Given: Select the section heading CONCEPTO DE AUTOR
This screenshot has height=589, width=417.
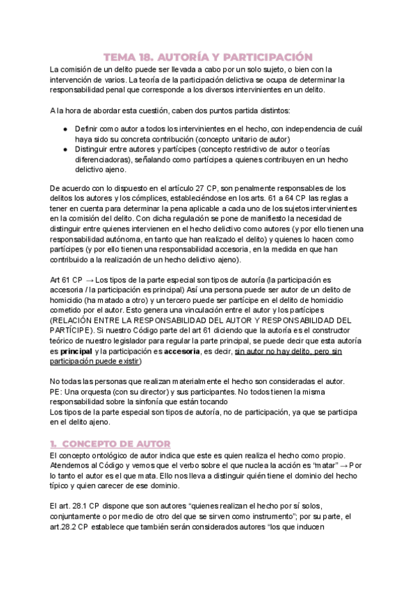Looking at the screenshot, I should point(115,443).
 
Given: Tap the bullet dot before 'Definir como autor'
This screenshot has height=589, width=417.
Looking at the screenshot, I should point(65,129).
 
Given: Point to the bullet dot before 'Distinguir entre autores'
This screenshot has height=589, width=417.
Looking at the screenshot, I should point(65,149).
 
